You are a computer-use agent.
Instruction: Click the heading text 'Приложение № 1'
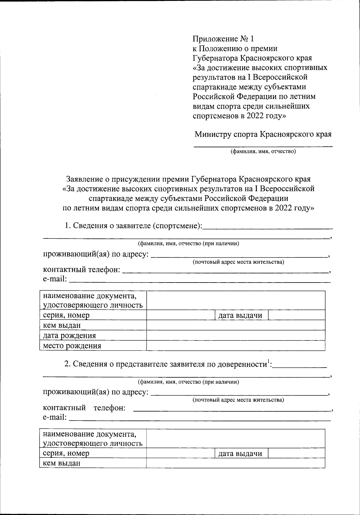point(223,39)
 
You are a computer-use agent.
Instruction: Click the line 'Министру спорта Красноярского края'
point(263,134)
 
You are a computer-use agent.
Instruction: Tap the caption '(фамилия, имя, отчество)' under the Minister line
point(263,151)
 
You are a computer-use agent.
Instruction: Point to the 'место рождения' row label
point(72,346)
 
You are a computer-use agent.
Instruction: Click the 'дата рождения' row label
point(69,336)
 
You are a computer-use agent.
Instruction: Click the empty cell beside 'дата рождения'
point(235,336)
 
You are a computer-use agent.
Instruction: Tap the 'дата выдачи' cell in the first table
point(240,315)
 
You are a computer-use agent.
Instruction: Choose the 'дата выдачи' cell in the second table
point(240,454)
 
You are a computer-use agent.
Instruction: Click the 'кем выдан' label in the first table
point(61,325)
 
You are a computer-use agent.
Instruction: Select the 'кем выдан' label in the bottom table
point(61,463)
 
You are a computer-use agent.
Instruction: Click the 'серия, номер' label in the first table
point(66,315)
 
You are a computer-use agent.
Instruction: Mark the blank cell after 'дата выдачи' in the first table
point(296,315)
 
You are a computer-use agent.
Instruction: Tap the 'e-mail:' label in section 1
point(55,279)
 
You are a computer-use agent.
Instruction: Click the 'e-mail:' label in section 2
point(55,417)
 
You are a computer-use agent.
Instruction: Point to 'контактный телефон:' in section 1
point(82,269)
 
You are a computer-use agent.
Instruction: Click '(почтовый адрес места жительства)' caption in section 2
point(238,400)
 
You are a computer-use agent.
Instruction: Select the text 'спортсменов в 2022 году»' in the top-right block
point(239,116)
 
